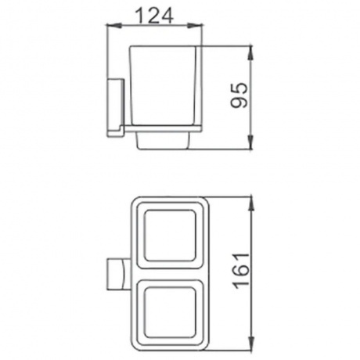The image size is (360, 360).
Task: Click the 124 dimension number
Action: click(x=154, y=15)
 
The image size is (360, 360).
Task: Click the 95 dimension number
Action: click(x=239, y=95)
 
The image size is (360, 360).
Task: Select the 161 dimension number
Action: click(x=242, y=271)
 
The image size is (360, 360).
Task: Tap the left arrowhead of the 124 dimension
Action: click(x=113, y=25)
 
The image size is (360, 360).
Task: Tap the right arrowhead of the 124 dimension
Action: click(x=195, y=25)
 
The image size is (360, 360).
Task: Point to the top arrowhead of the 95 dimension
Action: click(x=250, y=53)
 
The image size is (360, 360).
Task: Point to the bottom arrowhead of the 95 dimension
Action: click(x=250, y=142)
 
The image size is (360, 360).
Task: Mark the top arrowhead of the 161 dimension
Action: click(x=251, y=204)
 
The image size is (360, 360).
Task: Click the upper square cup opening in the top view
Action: click(x=170, y=236)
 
